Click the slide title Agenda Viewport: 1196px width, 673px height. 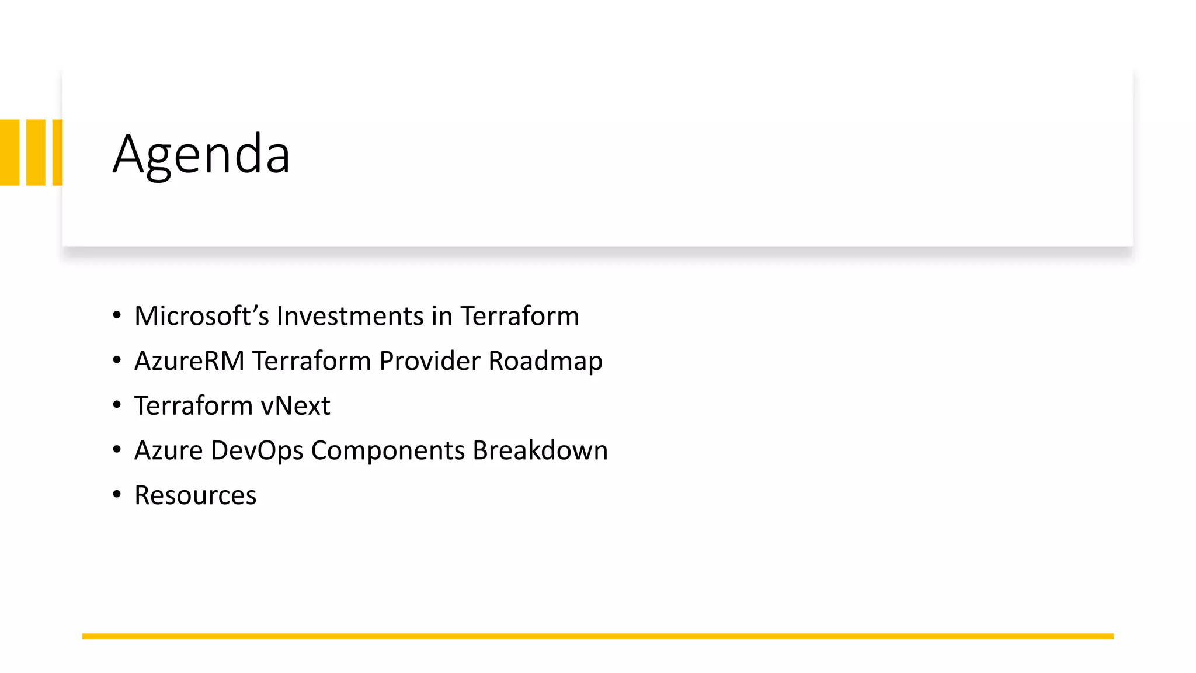point(201,154)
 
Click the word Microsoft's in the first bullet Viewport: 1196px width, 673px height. point(201,316)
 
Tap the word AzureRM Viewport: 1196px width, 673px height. point(189,361)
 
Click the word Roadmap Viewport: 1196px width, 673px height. point(545,361)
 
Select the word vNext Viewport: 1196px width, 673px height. point(295,406)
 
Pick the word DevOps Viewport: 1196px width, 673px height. point(257,450)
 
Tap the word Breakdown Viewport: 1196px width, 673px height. point(540,450)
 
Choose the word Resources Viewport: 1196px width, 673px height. point(195,495)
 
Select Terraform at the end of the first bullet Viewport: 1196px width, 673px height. point(520,316)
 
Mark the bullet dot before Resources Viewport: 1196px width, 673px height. point(117,495)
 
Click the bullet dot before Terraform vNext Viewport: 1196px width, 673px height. point(117,405)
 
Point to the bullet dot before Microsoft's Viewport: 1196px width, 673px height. point(117,315)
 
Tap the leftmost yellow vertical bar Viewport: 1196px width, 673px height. point(10,152)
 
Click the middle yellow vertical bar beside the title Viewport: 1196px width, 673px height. point(36,152)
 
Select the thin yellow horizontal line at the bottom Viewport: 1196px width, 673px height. point(597,636)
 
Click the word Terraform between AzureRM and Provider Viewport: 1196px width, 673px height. point(311,361)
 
